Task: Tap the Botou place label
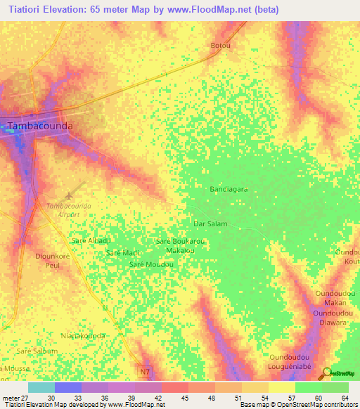[221, 46]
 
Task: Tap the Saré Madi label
[122, 252]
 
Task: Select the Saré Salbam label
[37, 350]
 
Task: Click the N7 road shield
[146, 371]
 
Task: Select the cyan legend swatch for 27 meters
[41, 387]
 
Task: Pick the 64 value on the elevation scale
[345, 398]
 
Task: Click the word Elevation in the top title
[65, 10]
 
